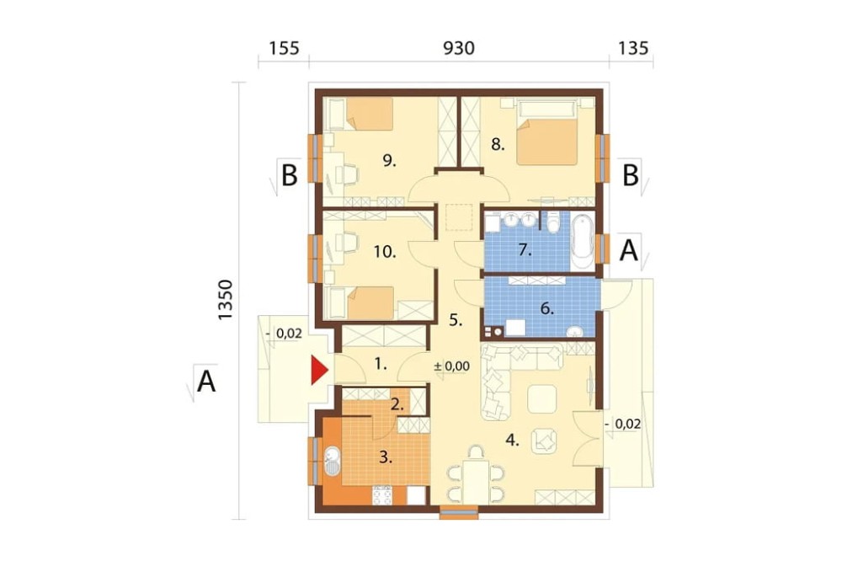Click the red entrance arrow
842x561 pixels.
click(319, 371)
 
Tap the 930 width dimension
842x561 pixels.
click(459, 48)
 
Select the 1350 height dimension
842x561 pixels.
click(226, 301)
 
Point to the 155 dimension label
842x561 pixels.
click(284, 48)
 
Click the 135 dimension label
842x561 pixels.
click(634, 48)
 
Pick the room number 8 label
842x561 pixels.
click(498, 145)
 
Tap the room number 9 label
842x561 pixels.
click(389, 160)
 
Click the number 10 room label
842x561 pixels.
click(385, 252)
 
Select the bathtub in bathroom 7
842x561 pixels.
click(583, 242)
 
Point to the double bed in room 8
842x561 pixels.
click(548, 132)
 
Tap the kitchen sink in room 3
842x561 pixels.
click(332, 461)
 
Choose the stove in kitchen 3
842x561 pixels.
click(382, 494)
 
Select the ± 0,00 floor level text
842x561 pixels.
click(451, 366)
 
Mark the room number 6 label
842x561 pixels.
click(546, 309)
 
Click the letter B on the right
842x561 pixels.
click(631, 175)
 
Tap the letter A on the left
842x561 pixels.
click(206, 382)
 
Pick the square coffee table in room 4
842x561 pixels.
click(542, 399)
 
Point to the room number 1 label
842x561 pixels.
click(381, 365)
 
